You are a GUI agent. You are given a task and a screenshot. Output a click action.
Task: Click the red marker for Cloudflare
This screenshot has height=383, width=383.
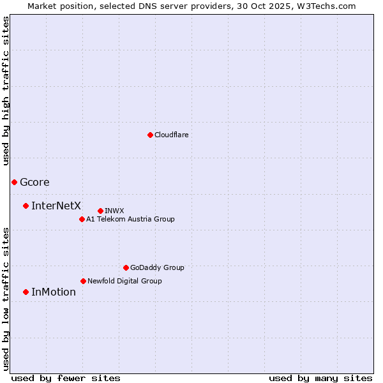[x=150, y=135]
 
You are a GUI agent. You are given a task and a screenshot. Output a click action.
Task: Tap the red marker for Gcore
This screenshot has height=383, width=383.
[x=14, y=182]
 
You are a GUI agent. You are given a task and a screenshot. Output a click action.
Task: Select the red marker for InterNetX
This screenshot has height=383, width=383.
[x=26, y=206]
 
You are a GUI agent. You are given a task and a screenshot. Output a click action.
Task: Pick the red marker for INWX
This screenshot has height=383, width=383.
[x=100, y=211]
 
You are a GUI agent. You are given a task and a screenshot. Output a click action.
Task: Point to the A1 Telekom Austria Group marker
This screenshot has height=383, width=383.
[x=82, y=219]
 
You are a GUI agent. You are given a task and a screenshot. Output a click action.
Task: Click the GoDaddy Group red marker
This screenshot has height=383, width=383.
[x=126, y=267]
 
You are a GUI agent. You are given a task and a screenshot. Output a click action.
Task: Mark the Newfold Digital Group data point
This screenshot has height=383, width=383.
[x=83, y=281]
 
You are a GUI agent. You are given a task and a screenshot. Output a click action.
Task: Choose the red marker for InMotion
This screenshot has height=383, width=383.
[x=26, y=292]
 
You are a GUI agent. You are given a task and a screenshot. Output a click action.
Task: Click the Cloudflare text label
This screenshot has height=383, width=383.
[x=171, y=135]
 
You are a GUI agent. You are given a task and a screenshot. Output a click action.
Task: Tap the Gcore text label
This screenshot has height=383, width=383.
[x=34, y=182]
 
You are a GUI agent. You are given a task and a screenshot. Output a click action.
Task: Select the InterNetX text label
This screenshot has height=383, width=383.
[x=56, y=206]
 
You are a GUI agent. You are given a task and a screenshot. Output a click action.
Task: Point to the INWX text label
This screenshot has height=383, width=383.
[x=114, y=211]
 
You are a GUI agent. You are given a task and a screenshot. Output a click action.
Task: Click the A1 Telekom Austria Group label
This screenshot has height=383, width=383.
[x=130, y=219]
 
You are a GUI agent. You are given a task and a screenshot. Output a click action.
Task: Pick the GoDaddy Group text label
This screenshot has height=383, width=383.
[x=157, y=267]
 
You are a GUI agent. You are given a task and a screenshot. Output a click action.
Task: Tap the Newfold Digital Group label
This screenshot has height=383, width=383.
[x=124, y=281]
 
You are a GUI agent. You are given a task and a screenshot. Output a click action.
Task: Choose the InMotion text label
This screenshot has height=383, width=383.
[x=54, y=292]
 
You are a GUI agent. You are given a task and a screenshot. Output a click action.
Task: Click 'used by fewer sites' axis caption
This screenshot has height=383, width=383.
[x=66, y=378]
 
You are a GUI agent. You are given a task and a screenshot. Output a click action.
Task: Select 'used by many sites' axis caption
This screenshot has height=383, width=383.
[x=320, y=378]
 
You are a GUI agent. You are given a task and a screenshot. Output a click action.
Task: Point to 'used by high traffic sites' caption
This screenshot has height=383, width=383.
[x=6, y=91]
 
